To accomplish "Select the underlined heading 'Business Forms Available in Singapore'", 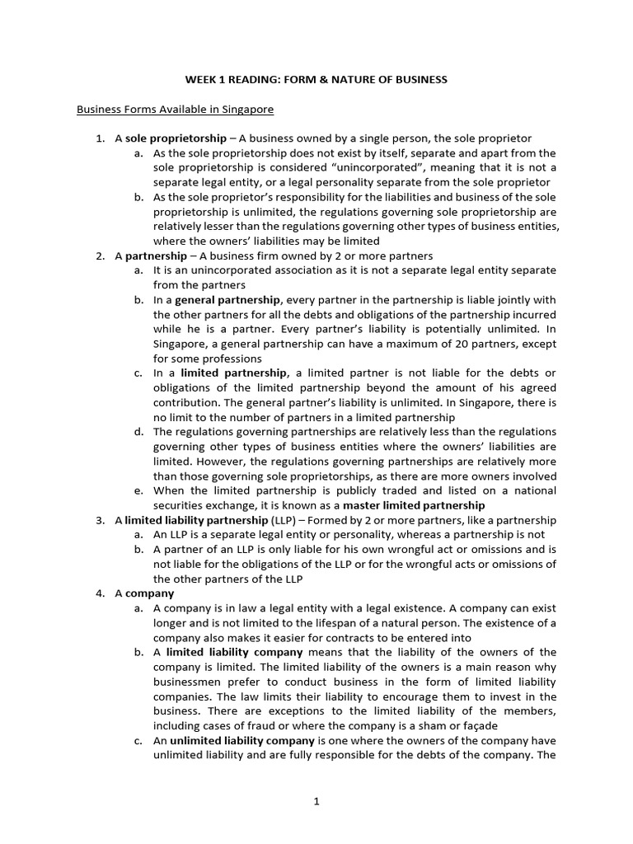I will pos(175,109).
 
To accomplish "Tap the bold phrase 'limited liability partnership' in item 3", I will pos(196,520).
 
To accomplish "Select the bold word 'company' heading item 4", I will pos(149,593).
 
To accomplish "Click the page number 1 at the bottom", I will pos(316,809).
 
